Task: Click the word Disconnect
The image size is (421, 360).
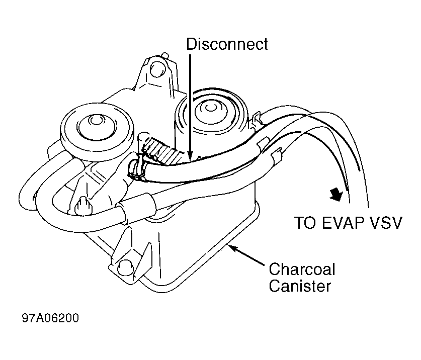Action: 227,44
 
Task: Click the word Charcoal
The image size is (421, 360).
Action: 302,269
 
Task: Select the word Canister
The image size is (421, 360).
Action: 300,287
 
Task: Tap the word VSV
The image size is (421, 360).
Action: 386,223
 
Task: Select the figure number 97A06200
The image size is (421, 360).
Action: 50,319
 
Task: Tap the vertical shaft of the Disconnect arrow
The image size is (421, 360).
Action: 190,101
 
